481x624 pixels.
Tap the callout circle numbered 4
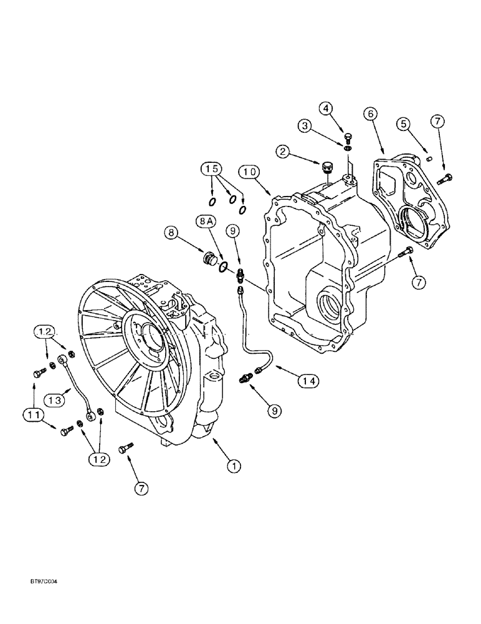click(344, 108)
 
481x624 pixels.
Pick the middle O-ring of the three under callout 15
click(232, 200)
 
